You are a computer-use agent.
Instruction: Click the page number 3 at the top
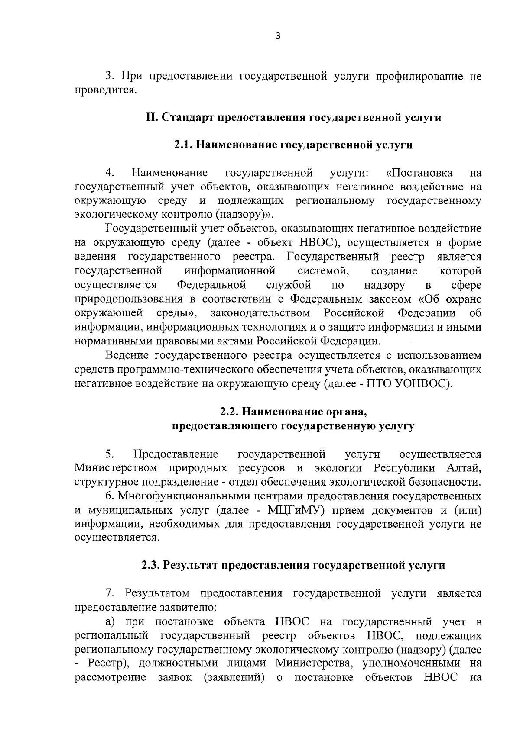(x=278, y=37)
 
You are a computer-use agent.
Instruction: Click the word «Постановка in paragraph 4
(x=419, y=173)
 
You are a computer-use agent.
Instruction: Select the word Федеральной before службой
(x=212, y=285)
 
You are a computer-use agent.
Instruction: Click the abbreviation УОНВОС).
(x=424, y=383)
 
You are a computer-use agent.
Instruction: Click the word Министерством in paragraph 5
(x=116, y=468)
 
